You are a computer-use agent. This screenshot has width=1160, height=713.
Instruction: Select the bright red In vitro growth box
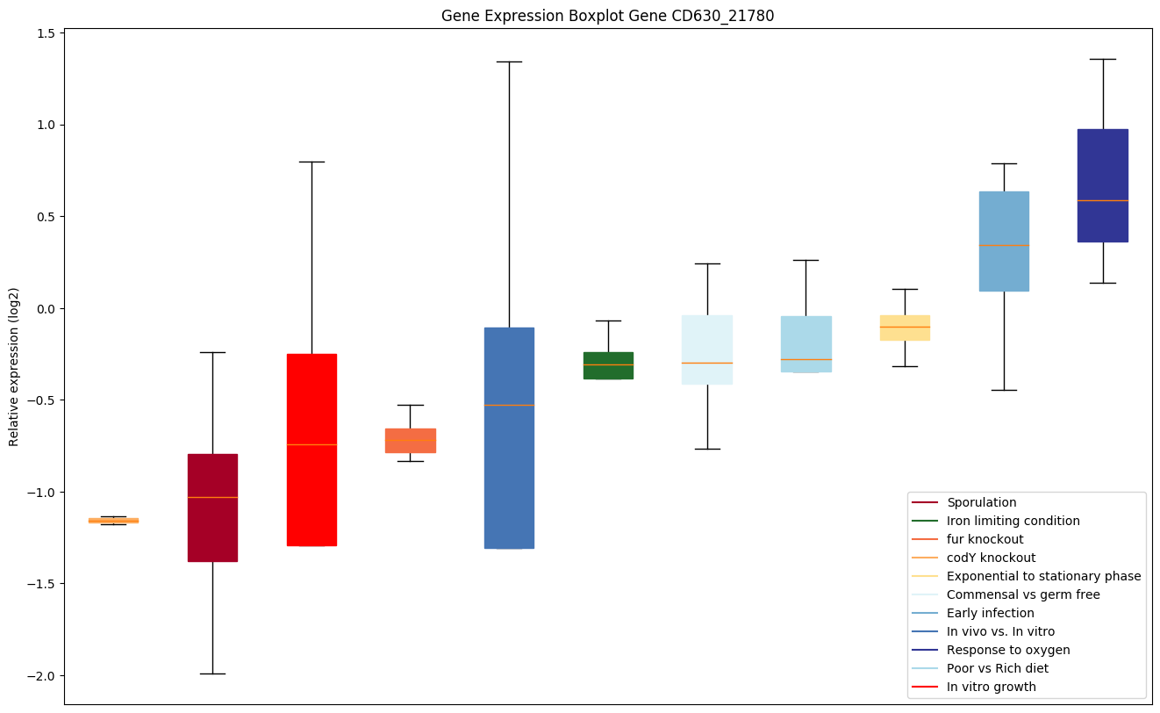click(x=311, y=450)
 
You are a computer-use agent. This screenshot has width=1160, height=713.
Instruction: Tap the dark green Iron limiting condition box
click(x=608, y=365)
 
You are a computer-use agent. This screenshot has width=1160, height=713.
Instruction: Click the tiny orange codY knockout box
click(x=113, y=521)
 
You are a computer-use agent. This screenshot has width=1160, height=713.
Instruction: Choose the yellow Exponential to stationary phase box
click(x=905, y=328)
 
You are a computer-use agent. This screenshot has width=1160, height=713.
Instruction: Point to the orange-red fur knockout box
click(x=410, y=441)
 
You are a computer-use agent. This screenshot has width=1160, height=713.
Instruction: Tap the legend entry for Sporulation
click(x=981, y=502)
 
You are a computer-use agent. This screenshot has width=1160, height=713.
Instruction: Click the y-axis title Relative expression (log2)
click(x=13, y=366)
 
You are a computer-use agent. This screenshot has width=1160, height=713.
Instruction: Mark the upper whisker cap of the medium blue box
click(x=509, y=61)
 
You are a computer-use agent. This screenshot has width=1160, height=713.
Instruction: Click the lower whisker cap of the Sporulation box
click(x=212, y=673)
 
